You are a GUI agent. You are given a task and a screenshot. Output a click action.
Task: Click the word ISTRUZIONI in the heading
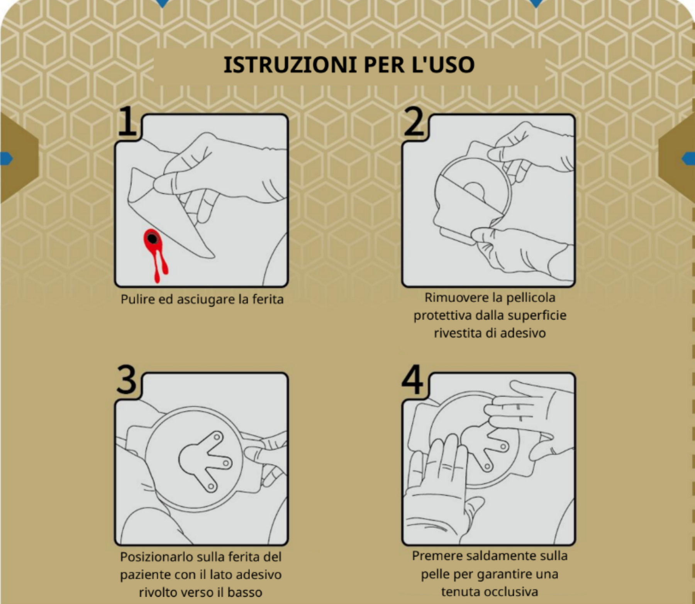click(x=290, y=64)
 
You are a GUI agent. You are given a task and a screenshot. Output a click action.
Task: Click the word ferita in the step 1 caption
click(x=268, y=299)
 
